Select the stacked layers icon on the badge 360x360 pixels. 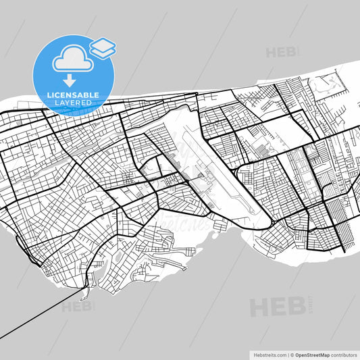click(x=103, y=47)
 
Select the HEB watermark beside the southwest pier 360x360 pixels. click(x=76, y=306)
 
